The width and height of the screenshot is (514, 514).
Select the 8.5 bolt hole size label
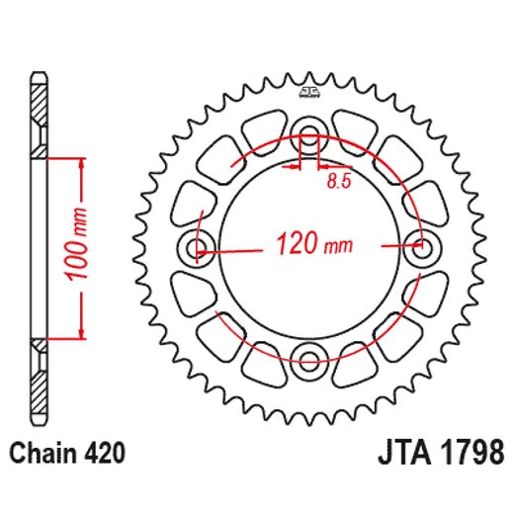(337, 182)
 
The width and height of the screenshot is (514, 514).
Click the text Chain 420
(68, 455)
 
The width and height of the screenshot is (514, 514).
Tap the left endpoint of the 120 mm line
(201, 253)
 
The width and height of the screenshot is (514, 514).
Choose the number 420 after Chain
(105, 455)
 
